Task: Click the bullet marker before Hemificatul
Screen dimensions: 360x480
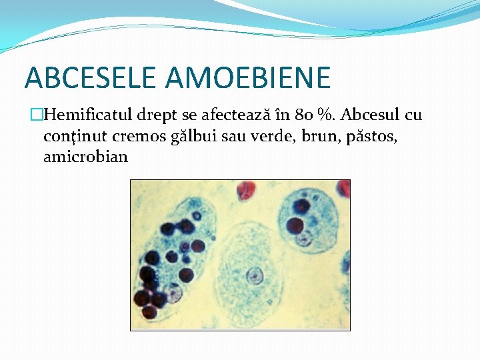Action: click(x=37, y=115)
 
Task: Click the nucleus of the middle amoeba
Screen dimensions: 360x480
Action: click(x=253, y=273)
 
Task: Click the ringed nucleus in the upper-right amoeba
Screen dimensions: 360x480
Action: click(x=305, y=238)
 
